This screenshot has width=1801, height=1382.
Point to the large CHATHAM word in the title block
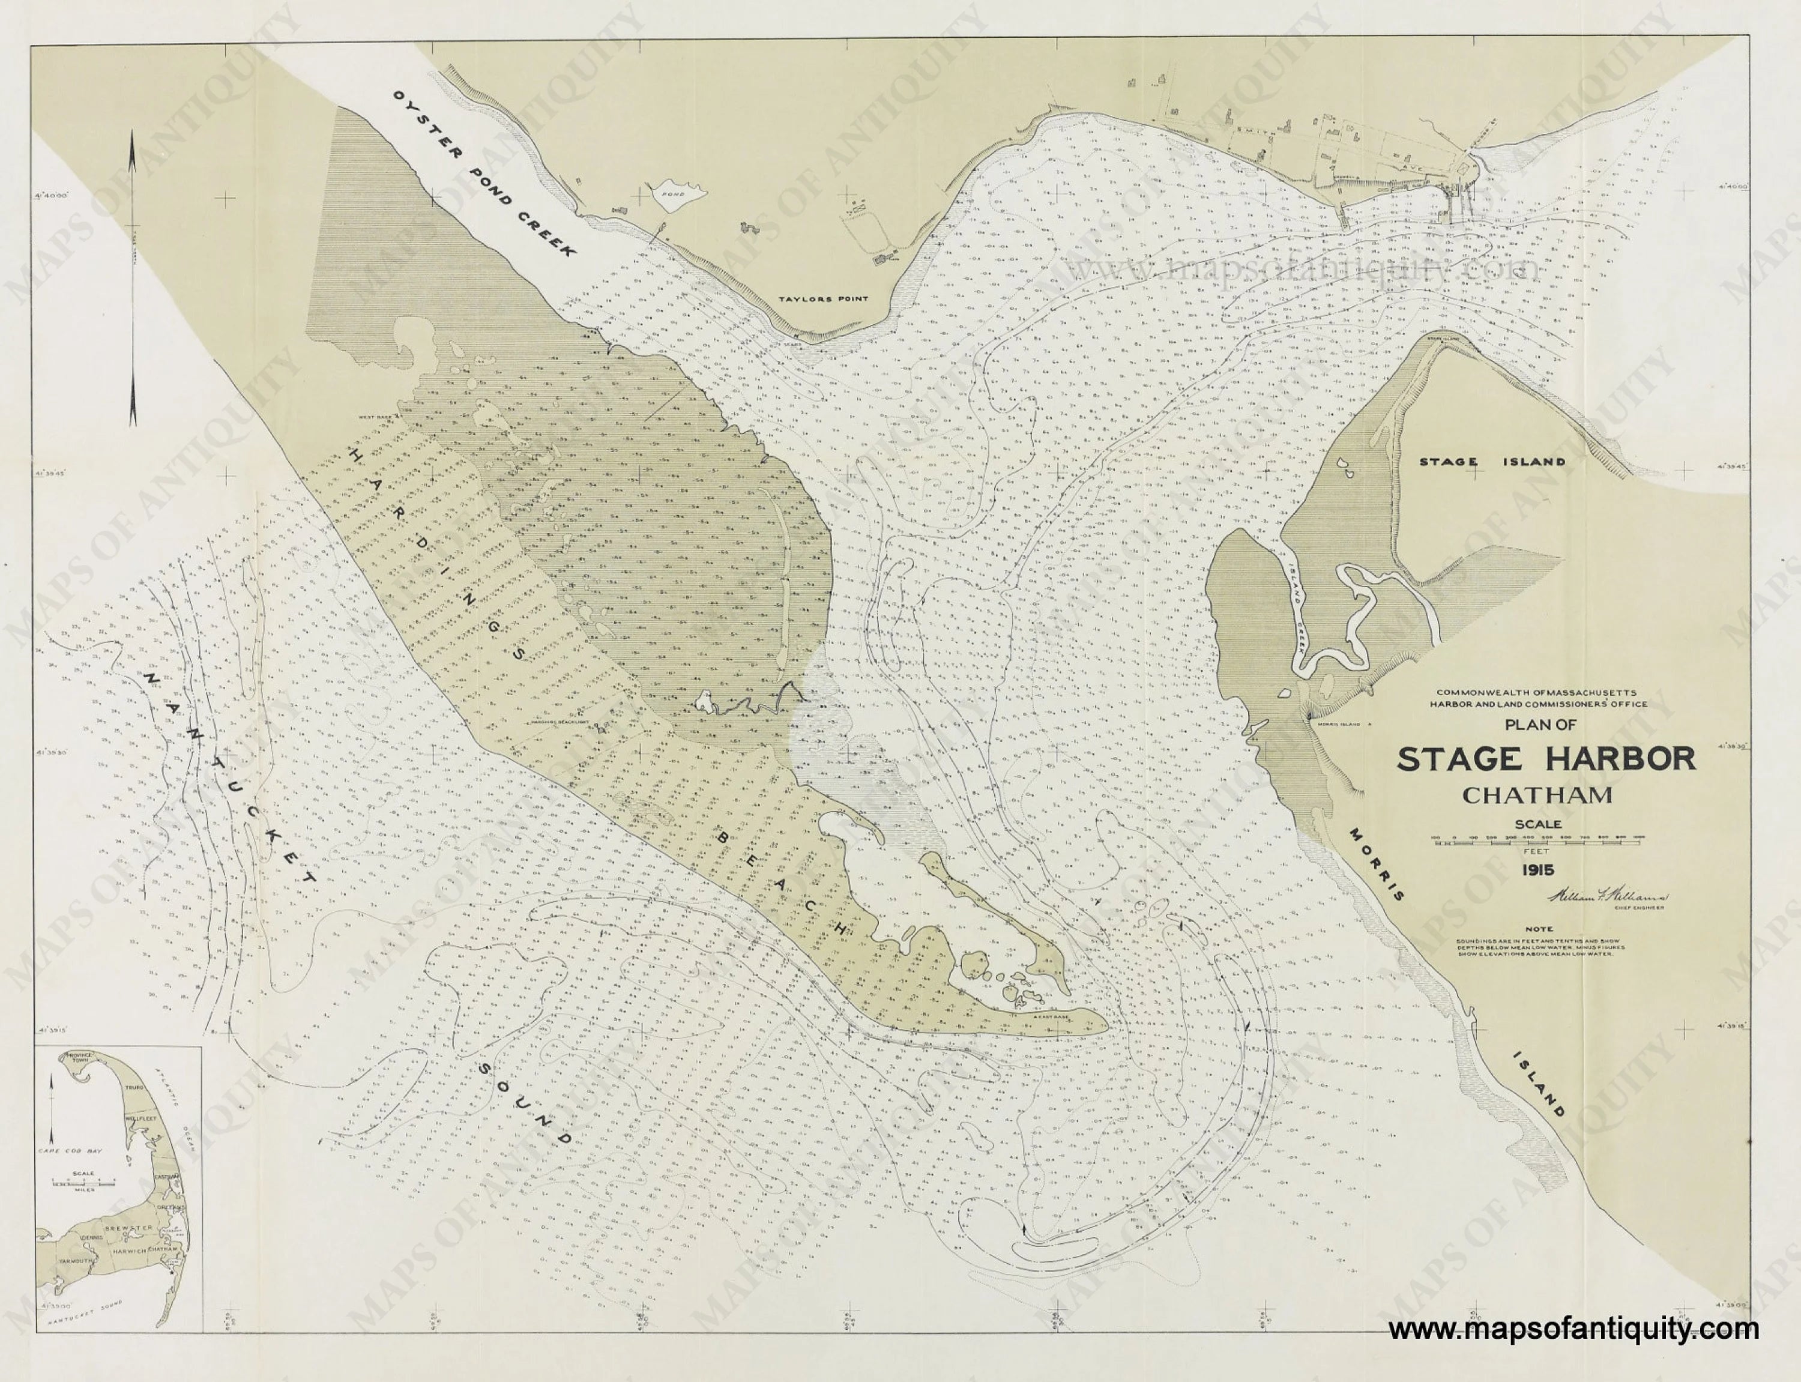(x=1537, y=795)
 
